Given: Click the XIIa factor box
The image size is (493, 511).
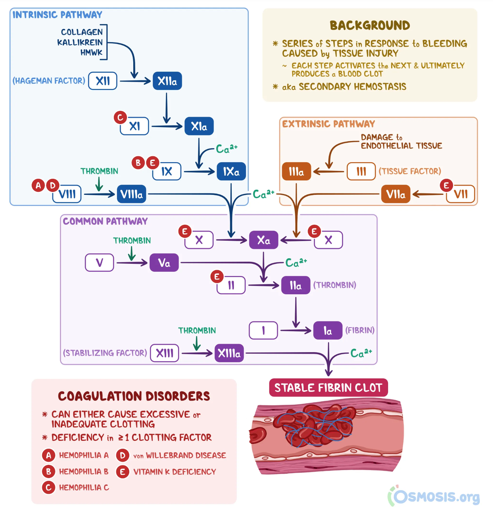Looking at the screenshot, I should [167, 81].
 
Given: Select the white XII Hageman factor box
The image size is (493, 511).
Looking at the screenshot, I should [102, 81].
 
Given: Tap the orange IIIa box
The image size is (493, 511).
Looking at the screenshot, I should [296, 171].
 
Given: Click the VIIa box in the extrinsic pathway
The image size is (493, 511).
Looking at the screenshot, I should [395, 194].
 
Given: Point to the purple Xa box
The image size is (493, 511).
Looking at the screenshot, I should [263, 240].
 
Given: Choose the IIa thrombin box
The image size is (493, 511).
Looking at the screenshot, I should [295, 285].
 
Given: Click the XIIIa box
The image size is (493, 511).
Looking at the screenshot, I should [229, 353].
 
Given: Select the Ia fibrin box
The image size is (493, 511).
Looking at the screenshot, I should [327, 331].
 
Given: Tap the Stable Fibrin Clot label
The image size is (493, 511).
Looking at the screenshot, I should [328, 388].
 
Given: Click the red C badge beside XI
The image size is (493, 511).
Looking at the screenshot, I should [120, 117].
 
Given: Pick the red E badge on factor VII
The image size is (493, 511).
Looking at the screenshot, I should [446, 185].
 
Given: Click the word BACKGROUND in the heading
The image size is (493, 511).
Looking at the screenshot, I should [370, 26].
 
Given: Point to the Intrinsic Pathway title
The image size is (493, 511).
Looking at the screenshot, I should [57, 15].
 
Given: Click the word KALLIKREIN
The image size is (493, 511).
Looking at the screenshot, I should [80, 42].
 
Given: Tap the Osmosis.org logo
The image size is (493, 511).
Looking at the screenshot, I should [434, 496].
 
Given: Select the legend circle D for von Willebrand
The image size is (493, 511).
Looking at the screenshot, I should [122, 455].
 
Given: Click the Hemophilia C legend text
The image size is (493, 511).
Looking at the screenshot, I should [84, 488].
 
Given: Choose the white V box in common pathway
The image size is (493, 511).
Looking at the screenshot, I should [99, 263].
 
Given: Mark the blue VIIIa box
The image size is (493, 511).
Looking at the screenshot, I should [131, 194].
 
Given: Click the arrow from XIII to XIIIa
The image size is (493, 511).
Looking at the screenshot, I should [197, 353].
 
